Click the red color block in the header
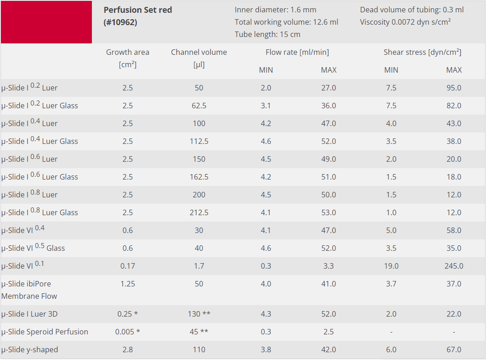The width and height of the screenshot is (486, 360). [x=46, y=22]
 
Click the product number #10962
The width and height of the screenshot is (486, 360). [x=120, y=22]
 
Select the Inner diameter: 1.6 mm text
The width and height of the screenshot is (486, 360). [x=275, y=10]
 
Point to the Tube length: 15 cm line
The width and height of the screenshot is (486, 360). [x=267, y=34]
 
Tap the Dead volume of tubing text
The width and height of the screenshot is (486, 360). [x=411, y=10]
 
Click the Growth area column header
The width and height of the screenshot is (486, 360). [x=128, y=52]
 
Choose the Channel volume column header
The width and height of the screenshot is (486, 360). [x=199, y=52]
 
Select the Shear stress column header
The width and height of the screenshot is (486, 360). [x=422, y=52]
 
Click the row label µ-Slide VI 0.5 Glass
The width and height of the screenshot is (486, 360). [x=33, y=248]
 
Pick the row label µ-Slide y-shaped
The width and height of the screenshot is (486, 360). [x=30, y=349]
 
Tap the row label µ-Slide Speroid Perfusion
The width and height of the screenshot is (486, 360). [x=45, y=332]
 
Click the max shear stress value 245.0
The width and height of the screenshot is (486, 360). [x=454, y=266]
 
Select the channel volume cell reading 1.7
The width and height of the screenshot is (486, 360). [x=199, y=266]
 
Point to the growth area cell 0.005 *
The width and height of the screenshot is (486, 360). [x=128, y=332]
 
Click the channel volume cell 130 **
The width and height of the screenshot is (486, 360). [x=199, y=314]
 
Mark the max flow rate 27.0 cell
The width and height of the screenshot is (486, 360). [x=329, y=88]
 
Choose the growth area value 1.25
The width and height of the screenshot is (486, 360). [x=128, y=284]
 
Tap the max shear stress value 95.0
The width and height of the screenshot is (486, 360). [x=454, y=88]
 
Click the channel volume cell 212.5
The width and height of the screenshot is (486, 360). [x=199, y=212]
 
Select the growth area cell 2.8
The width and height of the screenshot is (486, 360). [x=128, y=349]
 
